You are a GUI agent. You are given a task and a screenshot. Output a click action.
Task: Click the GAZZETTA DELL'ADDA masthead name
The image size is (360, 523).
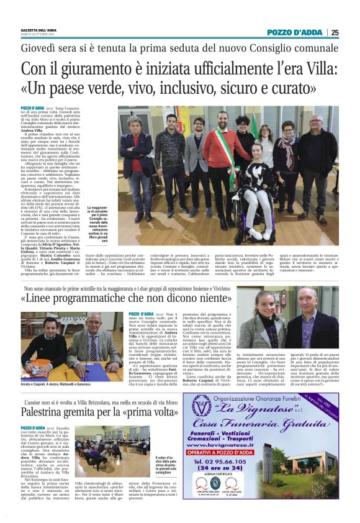[38, 30]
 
